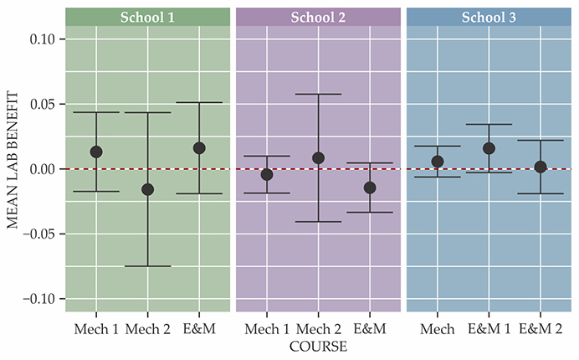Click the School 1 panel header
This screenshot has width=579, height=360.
pyautogui.click(x=147, y=17)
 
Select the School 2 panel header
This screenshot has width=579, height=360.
pyautogui.click(x=318, y=17)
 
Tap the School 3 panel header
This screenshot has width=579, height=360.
pyautogui.click(x=489, y=17)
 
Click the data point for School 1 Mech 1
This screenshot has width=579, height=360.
pyautogui.click(x=96, y=152)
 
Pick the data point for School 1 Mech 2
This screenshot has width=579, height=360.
pyautogui.click(x=148, y=189)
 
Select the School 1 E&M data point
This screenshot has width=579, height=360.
pyautogui.click(x=199, y=148)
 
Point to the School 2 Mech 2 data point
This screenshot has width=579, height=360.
pyautogui.click(x=318, y=157)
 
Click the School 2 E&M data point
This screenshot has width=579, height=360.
pyautogui.click(x=370, y=188)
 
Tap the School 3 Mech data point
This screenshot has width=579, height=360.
pyautogui.click(x=438, y=161)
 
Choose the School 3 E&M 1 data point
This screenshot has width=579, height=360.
pyautogui.click(x=489, y=148)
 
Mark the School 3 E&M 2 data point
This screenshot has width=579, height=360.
pyautogui.click(x=541, y=167)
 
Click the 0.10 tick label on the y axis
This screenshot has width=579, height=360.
pyautogui.click(x=40, y=39)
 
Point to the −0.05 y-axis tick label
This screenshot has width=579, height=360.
pyautogui.click(x=37, y=234)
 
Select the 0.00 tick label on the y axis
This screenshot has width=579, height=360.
pyautogui.click(x=40, y=169)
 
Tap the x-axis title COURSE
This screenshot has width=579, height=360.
pyautogui.click(x=318, y=345)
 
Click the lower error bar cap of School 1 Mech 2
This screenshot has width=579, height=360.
pyautogui.click(x=148, y=266)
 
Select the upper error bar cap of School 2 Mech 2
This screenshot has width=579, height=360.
pyautogui.click(x=318, y=94)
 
